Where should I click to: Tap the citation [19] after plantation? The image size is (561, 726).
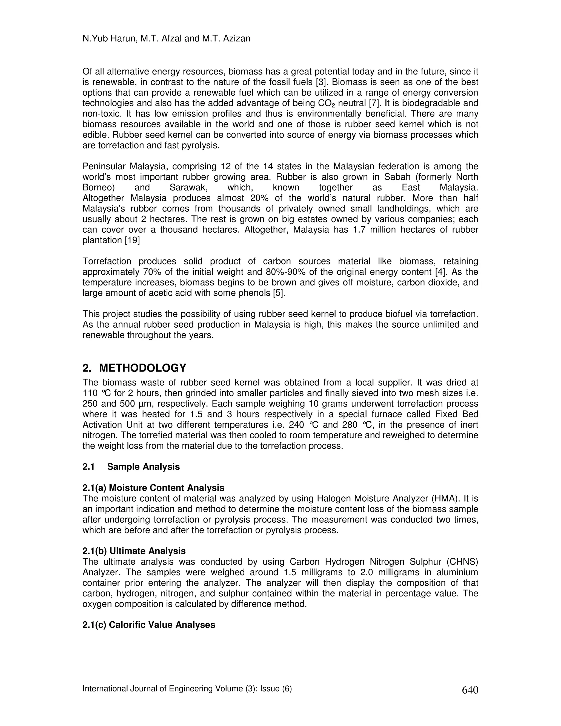click(132, 240)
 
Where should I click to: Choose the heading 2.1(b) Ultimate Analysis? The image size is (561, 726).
click(134, 551)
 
